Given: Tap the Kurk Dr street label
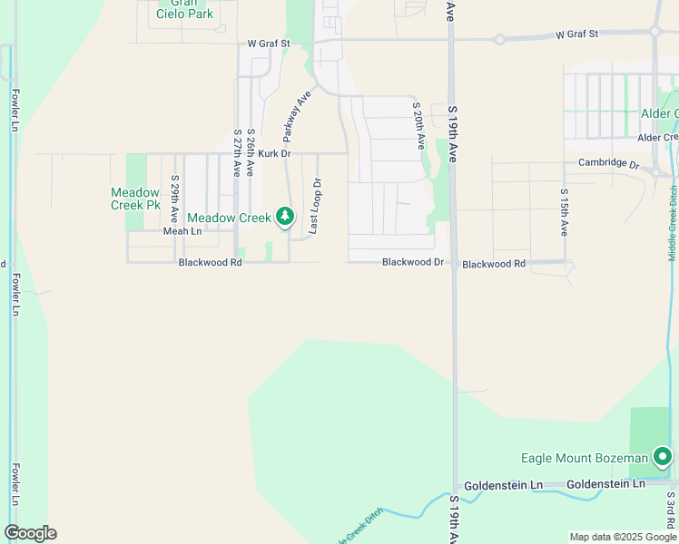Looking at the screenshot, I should (x=273, y=154).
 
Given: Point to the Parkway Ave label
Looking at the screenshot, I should (x=297, y=115).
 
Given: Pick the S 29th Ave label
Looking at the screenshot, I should (x=174, y=199).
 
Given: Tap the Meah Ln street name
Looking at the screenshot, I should (x=182, y=231).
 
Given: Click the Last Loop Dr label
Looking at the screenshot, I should (x=315, y=207).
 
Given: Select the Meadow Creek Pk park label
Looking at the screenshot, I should (x=134, y=199).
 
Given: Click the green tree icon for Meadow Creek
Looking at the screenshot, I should (x=286, y=216).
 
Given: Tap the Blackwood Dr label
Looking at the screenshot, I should (x=413, y=263).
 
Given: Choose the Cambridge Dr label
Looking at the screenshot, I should (x=609, y=164).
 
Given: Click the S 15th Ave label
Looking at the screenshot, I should (x=564, y=212).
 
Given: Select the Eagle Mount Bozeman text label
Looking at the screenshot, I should (x=584, y=458).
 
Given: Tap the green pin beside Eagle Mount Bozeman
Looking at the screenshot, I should (x=663, y=457).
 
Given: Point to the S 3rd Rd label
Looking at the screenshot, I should (x=670, y=513).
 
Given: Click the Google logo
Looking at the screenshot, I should (x=30, y=533).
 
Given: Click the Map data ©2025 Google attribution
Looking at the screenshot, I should (x=624, y=537).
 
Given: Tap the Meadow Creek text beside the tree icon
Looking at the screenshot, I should (x=229, y=219).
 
